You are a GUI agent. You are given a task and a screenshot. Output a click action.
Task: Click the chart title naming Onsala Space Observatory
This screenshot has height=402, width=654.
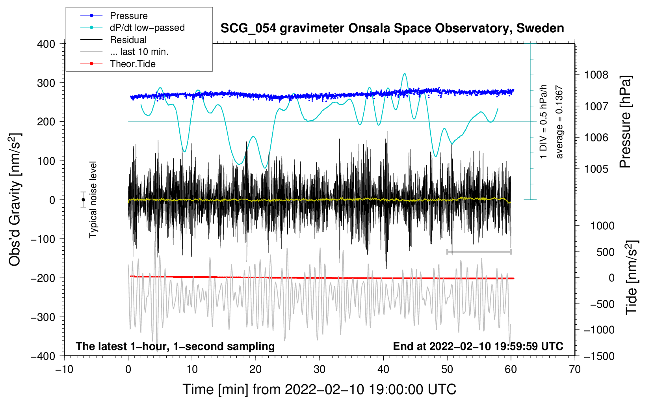[x=392, y=28]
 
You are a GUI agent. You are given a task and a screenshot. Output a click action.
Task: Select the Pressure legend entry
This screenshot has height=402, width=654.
[x=128, y=16]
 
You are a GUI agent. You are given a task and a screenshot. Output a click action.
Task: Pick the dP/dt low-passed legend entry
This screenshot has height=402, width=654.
[x=147, y=28]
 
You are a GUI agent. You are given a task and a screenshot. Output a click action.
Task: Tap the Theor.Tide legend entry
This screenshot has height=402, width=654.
[x=132, y=64]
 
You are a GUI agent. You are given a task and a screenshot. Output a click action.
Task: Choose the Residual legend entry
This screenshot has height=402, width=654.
[x=128, y=40]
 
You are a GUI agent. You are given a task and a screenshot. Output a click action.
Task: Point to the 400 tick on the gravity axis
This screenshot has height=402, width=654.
[x=46, y=44]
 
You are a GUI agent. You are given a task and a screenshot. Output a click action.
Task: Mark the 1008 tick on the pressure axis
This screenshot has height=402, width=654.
[x=596, y=75]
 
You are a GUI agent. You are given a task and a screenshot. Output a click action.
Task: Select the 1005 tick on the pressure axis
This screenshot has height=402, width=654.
[x=596, y=169]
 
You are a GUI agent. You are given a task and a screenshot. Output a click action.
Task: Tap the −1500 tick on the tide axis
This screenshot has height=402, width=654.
[x=599, y=356]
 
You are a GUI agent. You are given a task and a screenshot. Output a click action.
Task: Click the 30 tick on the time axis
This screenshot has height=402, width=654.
[x=320, y=369]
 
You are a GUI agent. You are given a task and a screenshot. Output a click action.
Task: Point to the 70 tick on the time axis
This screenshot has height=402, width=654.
[x=575, y=369]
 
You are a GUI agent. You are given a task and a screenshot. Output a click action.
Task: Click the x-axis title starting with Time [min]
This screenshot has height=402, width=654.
[x=320, y=389]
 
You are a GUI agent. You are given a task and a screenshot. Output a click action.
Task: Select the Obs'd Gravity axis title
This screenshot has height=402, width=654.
[x=15, y=199]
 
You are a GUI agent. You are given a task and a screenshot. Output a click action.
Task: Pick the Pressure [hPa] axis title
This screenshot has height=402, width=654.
[x=625, y=122]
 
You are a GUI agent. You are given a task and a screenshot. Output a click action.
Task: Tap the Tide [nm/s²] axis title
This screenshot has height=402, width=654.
[x=632, y=277]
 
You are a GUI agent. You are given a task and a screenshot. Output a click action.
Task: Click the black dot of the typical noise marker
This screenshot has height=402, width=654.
[x=84, y=200]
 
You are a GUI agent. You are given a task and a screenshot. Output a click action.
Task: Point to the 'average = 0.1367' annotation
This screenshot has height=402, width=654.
[x=559, y=122]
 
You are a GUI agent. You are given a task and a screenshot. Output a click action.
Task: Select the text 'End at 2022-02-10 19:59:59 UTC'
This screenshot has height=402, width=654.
[x=478, y=346]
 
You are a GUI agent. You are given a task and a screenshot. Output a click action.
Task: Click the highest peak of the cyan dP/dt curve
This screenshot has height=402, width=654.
[x=404, y=74]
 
